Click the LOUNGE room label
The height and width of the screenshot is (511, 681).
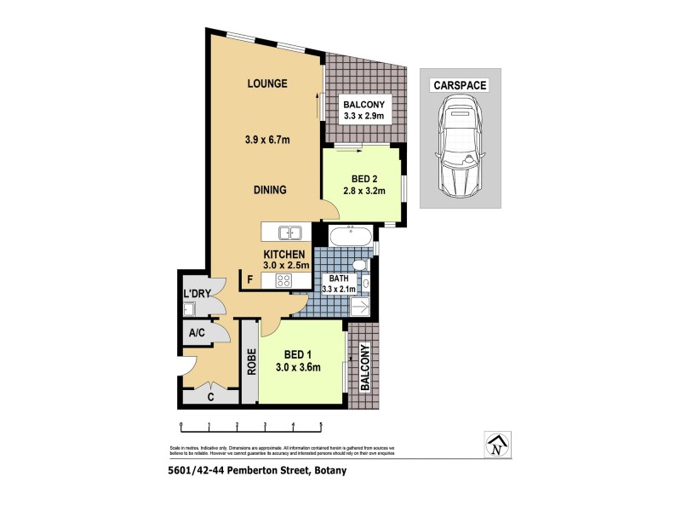[267, 83]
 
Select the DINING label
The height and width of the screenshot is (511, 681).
[268, 190]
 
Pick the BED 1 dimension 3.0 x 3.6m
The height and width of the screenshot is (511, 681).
[297, 368]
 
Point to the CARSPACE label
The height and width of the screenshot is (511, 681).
[459, 86]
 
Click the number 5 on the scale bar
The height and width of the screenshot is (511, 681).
[321, 425]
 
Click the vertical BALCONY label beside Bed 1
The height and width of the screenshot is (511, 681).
[364, 368]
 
